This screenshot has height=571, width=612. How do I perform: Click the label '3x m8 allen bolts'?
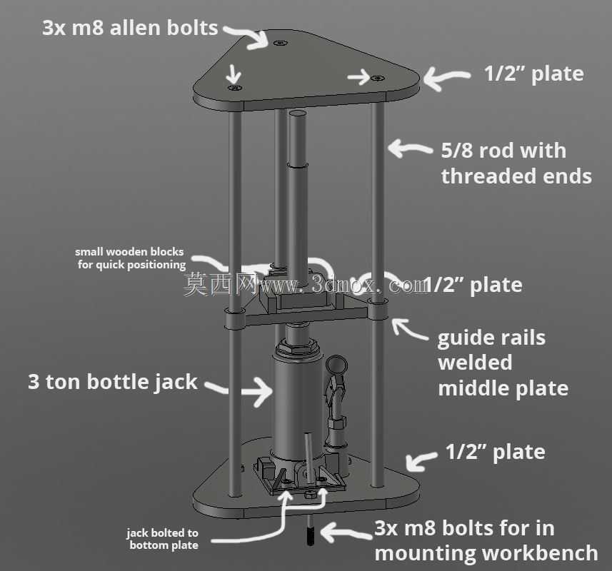(130, 28)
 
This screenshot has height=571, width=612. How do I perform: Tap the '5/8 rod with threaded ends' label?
(516, 163)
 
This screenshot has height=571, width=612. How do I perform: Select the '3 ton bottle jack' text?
(112, 381)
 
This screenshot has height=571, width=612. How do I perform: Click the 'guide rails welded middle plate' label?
(503, 363)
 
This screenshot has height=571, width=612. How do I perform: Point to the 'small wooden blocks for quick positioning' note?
(130, 258)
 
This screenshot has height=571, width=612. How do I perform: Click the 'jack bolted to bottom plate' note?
(163, 539)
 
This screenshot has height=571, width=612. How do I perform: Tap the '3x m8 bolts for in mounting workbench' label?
(486, 540)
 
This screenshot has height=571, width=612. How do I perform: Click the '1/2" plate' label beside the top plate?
(533, 74)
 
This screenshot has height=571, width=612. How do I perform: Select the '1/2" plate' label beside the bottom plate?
(495, 452)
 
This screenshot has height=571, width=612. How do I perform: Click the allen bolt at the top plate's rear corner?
(279, 43)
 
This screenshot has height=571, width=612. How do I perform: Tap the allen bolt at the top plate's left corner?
(234, 87)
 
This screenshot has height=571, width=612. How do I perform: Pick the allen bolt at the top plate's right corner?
(377, 79)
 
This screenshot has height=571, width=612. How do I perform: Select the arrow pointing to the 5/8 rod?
(410, 148)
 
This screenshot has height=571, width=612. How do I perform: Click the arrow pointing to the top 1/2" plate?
(446, 78)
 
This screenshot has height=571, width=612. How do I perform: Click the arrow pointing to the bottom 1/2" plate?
(421, 460)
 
